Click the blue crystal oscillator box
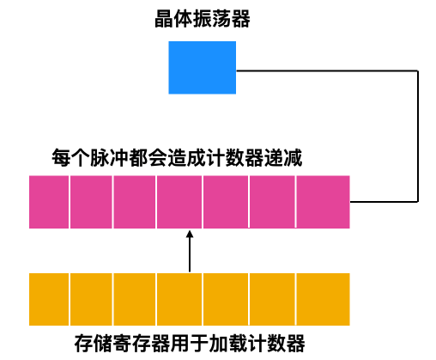click(202, 68)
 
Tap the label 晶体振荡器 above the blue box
click(202, 19)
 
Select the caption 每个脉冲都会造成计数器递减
click(177, 159)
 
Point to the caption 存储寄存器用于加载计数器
click(190, 345)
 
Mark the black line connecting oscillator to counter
click(418, 137)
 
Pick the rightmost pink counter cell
click(323, 202)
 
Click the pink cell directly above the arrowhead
click(179, 202)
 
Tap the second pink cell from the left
click(91, 202)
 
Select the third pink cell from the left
click(134, 202)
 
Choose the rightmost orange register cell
click(323, 298)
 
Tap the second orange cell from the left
click(91, 298)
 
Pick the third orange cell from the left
click(134, 298)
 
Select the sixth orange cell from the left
click(272, 298)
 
